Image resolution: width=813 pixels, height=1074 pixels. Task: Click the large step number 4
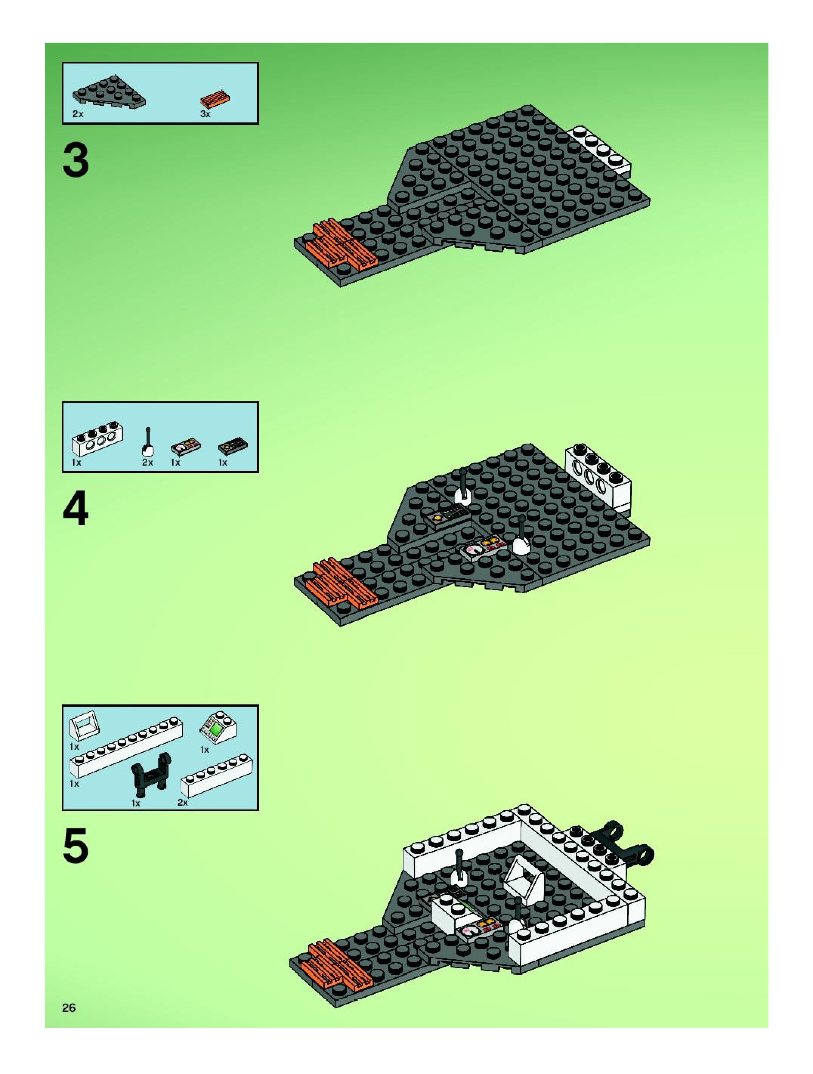point(76,508)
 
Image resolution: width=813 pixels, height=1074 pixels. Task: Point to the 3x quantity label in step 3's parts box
point(205,115)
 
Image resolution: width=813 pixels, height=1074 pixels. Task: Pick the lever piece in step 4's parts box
point(148,443)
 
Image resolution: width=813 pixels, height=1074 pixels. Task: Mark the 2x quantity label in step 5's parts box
point(182,803)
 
